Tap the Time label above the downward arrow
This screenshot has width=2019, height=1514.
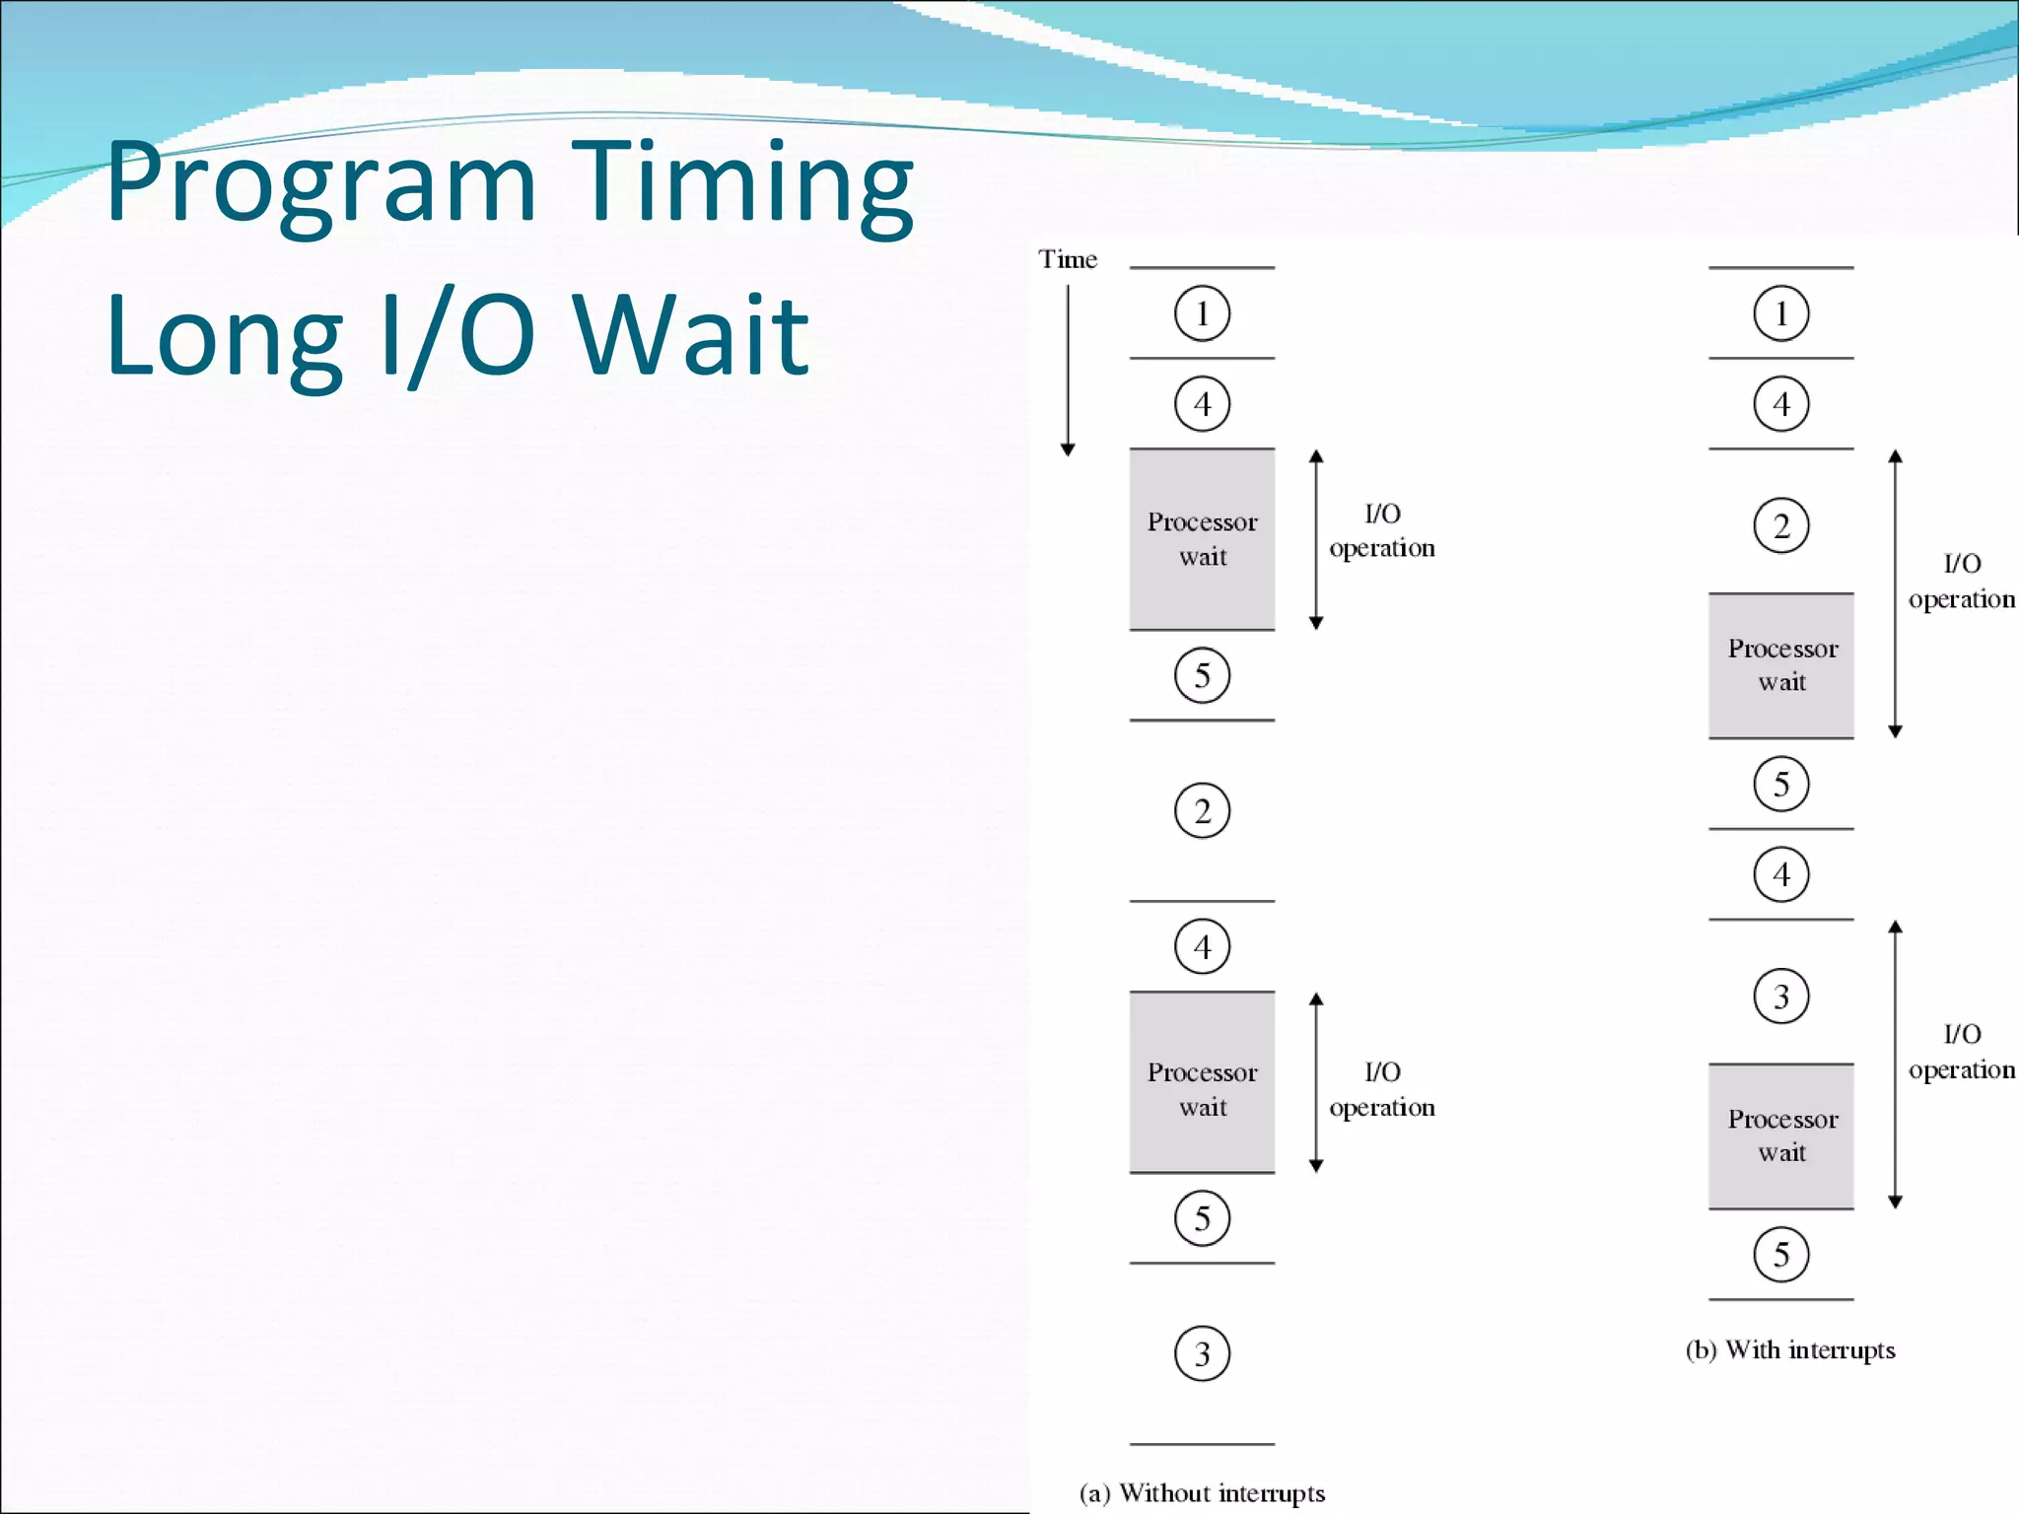(1067, 259)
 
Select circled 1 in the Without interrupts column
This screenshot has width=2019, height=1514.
(1202, 313)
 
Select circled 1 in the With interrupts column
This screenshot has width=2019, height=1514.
(1780, 313)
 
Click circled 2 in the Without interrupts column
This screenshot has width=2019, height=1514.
(1202, 810)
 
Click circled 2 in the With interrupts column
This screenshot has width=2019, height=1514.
(1780, 525)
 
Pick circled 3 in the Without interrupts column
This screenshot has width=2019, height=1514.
(1202, 1353)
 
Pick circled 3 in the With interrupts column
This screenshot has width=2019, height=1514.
(1780, 997)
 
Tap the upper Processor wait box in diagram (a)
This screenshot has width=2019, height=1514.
(1202, 539)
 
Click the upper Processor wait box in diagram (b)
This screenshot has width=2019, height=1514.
(1780, 665)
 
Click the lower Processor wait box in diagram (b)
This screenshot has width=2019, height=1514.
(1780, 1135)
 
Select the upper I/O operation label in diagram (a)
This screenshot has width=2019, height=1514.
(1381, 530)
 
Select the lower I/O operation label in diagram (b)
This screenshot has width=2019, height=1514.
(1961, 1052)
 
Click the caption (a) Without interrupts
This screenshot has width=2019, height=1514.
(1202, 1492)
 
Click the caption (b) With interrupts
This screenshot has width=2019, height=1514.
(1790, 1349)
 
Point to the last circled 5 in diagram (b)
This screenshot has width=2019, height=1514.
(1780, 1254)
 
